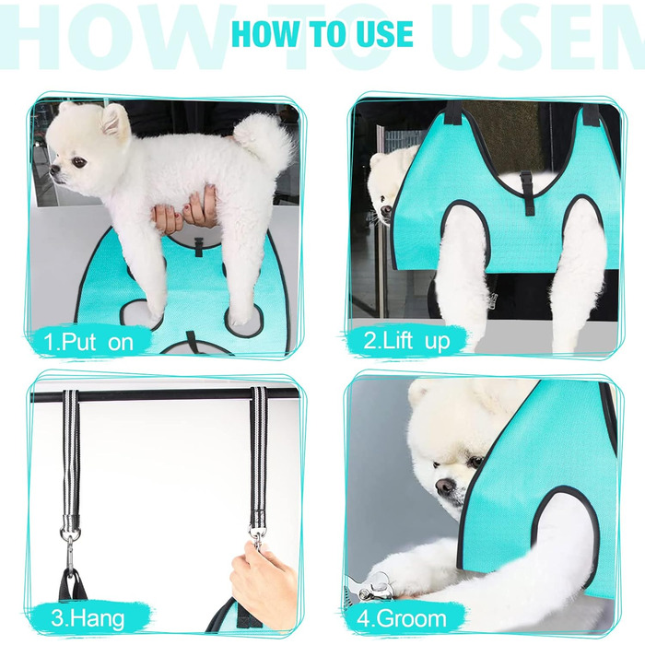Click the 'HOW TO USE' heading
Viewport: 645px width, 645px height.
point(322,33)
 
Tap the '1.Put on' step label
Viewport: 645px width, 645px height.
point(88,342)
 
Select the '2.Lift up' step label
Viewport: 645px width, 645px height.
point(406,341)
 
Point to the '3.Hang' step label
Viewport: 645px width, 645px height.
point(88,618)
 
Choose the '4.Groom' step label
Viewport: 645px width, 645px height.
point(402,618)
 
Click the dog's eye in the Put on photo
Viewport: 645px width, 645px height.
point(79,162)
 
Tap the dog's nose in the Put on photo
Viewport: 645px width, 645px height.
point(53,170)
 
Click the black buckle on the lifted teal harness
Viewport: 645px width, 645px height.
point(526,193)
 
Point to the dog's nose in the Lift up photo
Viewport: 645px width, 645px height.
point(386,211)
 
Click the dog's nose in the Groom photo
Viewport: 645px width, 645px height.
point(445,487)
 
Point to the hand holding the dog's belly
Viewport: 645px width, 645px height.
point(186,211)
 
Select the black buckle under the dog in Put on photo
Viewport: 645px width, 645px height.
point(199,246)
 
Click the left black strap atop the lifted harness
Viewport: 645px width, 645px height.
point(454,111)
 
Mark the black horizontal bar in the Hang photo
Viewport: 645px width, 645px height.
point(165,395)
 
